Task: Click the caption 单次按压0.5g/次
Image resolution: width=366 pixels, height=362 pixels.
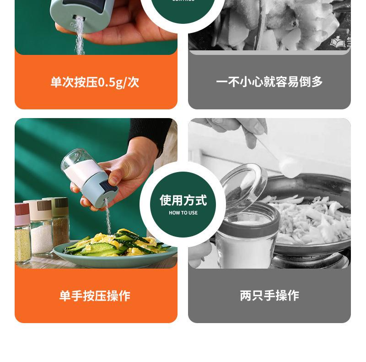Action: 95,82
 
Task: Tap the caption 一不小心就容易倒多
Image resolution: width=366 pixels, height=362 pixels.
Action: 269,82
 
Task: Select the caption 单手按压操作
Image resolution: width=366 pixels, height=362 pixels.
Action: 95,296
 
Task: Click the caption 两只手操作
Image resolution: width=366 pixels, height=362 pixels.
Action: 269,296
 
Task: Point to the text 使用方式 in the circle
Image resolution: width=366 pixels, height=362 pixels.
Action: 183,200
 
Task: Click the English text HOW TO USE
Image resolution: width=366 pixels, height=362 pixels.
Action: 183,213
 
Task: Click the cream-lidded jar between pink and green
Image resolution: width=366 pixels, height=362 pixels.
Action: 40,227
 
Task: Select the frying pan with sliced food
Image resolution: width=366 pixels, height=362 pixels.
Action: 307,215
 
